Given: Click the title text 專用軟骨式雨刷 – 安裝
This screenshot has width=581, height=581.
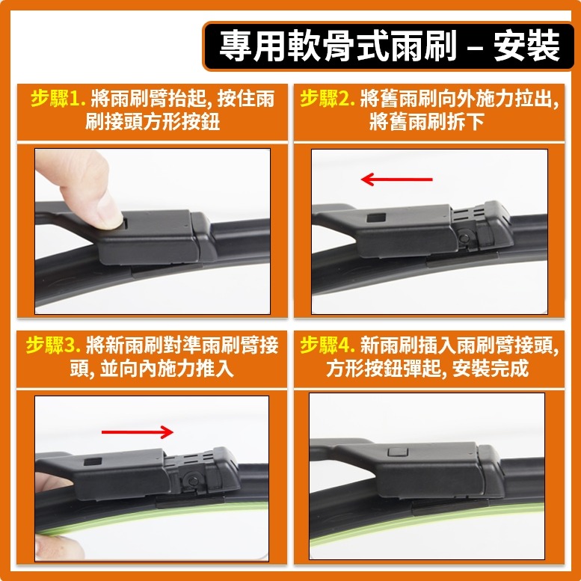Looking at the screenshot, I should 389,46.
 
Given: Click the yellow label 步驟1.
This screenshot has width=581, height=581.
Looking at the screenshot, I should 58,99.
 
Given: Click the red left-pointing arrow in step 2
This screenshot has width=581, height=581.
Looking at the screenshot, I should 396,179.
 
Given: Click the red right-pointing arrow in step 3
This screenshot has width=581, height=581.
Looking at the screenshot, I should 137,431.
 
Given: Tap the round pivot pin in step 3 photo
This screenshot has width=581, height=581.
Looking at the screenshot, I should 191,479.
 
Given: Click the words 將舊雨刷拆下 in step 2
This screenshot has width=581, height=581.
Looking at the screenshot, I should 427,122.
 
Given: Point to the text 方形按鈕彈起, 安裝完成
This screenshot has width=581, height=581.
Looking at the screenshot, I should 427,369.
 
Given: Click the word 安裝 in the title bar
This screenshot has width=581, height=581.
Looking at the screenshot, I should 526,46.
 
